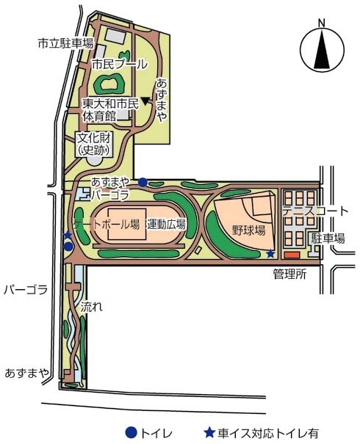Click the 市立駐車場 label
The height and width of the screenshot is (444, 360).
(x=65, y=43)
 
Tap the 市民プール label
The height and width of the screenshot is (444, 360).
(x=120, y=65)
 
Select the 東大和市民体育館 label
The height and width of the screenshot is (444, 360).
(x=111, y=110)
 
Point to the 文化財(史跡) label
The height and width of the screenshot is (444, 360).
(x=94, y=145)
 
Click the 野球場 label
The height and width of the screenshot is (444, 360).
(x=248, y=230)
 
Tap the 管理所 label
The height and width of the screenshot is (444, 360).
(x=289, y=274)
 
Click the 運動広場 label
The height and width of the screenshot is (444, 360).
(x=166, y=225)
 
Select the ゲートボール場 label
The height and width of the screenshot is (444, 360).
(x=107, y=225)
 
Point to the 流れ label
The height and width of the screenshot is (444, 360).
(x=91, y=307)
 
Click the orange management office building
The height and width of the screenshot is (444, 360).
(x=292, y=255)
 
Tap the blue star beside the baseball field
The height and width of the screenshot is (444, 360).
(x=270, y=254)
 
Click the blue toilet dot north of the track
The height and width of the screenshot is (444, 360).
(x=143, y=182)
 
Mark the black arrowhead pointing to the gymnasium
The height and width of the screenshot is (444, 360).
(x=145, y=101)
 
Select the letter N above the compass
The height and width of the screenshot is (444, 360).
(x=322, y=23)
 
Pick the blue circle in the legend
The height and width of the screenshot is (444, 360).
(x=132, y=433)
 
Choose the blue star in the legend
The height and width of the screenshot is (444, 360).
(x=210, y=432)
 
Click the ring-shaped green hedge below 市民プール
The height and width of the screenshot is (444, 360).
(x=109, y=84)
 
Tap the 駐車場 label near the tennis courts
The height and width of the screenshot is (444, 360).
(x=328, y=238)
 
